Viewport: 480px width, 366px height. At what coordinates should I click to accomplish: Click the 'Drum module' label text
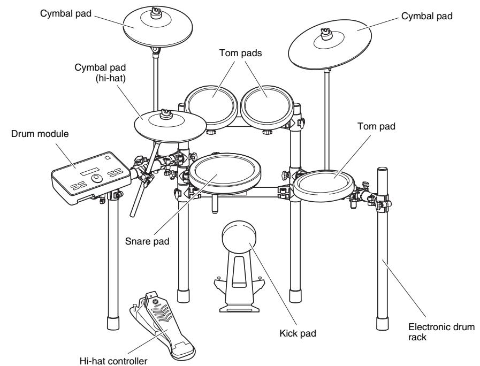tap(40, 134)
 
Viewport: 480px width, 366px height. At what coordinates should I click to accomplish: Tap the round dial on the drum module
tap(97, 178)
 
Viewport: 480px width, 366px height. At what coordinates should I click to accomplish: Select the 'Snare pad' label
tap(147, 241)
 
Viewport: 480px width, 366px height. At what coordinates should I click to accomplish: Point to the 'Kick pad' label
tap(298, 333)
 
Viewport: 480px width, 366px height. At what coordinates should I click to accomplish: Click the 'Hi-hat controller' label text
tap(113, 361)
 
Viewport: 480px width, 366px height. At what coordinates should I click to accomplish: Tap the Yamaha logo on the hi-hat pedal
tap(156, 302)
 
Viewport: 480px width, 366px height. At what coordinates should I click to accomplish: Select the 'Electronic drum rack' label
tap(441, 332)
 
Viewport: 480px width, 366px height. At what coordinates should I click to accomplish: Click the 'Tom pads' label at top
tap(241, 53)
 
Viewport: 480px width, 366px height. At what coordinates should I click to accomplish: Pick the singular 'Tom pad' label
tap(377, 126)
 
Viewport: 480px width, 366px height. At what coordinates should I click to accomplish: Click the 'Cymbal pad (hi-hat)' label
tap(101, 73)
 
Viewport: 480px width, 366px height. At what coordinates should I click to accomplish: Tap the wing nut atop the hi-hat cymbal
tap(165, 113)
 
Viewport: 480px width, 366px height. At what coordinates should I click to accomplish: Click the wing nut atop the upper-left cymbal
tap(156, 13)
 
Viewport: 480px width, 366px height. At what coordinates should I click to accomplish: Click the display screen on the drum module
tap(90, 171)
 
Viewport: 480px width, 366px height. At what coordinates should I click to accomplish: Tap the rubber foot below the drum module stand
tap(113, 323)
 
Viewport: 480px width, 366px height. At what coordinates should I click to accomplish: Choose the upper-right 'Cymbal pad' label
tap(426, 16)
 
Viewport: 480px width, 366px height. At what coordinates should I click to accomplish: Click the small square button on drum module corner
tap(107, 158)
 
